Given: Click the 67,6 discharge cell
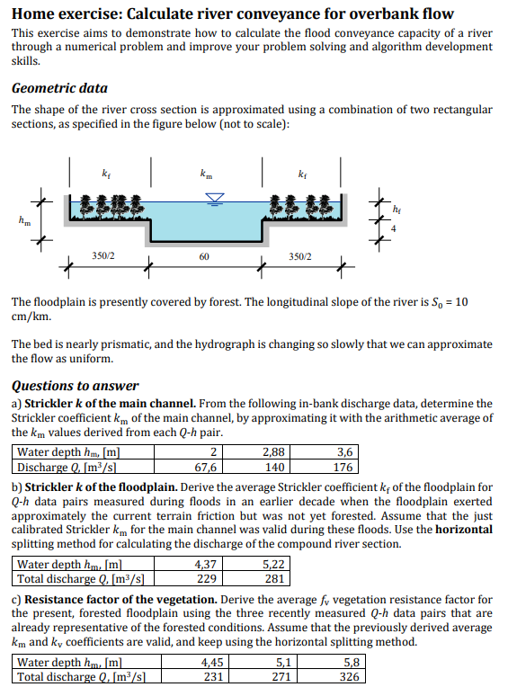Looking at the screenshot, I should pos(205,467).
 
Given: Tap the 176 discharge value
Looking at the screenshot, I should pos(342,467).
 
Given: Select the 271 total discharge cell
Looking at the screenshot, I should pos(282,678).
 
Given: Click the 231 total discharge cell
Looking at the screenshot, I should pos(214,678).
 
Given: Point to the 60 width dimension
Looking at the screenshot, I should pos(205,256).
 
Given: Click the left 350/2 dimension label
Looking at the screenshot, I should pos(104,256).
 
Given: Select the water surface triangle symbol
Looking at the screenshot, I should pos(215,197).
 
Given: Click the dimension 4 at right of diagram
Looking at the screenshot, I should pos(393,230).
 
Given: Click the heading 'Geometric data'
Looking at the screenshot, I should pos(59,88).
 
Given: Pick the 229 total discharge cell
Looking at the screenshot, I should pos(205,579).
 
